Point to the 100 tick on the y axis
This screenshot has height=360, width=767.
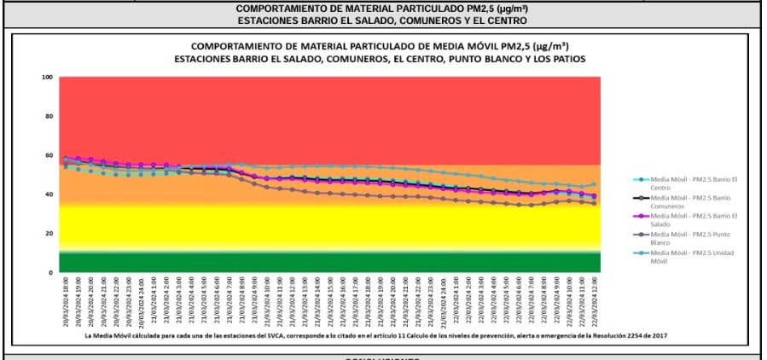coord(48,78)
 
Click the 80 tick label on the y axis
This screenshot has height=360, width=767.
coord(49,117)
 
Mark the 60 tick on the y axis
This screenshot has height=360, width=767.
coord(49,155)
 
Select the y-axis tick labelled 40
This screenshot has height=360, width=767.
coord(49,195)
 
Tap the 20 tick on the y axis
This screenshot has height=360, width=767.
coord(49,234)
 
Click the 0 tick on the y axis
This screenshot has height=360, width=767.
coord(51,272)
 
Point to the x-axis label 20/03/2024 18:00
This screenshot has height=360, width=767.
coord(66,303)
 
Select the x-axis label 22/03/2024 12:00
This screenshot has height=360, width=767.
coord(593,303)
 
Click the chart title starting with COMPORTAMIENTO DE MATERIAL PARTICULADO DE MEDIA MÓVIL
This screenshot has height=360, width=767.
coord(380,46)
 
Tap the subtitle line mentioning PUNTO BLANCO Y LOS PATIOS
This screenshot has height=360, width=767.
coord(380,59)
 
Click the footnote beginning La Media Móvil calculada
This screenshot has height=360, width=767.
coord(375,336)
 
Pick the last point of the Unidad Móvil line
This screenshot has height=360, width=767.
coord(594,184)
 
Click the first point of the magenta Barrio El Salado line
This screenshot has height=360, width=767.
coord(67,159)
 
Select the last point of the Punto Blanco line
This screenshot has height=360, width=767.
coord(594,203)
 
